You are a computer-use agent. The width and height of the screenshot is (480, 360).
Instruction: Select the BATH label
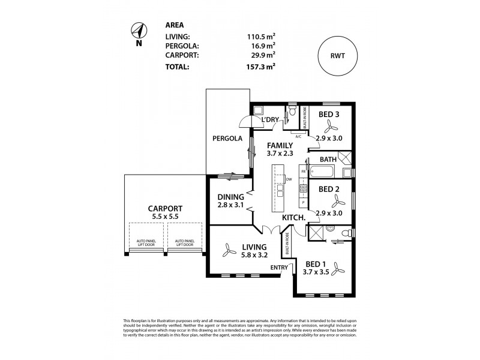click(x=328, y=160)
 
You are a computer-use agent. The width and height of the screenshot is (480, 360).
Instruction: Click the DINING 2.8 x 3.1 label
click(x=230, y=202)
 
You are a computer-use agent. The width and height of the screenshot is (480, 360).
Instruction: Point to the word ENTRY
click(x=280, y=268)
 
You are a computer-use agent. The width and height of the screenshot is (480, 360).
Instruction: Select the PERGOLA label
click(x=227, y=138)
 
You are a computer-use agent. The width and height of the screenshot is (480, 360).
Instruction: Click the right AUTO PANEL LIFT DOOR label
click(x=184, y=244)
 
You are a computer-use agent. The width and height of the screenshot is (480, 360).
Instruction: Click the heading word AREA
click(x=174, y=25)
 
